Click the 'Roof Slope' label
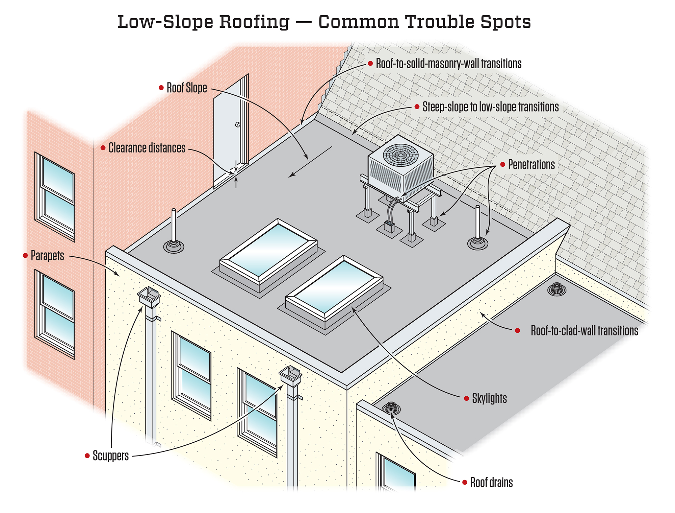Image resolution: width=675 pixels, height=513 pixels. (187, 88)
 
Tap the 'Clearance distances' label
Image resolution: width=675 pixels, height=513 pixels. (147, 148)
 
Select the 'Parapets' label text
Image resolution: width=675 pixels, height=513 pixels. (47, 256)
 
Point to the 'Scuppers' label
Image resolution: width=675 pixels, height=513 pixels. (111, 456)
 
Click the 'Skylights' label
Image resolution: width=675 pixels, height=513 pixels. (489, 398)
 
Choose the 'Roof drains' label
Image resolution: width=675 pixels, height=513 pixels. (491, 483)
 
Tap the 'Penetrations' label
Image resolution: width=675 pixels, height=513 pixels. (531, 165)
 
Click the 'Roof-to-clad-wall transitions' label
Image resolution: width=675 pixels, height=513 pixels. (584, 331)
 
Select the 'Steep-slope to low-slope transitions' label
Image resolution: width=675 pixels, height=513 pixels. (490, 107)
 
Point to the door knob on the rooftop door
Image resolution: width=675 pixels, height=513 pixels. (238, 124)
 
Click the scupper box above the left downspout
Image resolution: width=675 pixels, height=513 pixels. (149, 296)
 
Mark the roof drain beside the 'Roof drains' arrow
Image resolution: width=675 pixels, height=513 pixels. (391, 408)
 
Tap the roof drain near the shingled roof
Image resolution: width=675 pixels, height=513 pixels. (556, 289)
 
